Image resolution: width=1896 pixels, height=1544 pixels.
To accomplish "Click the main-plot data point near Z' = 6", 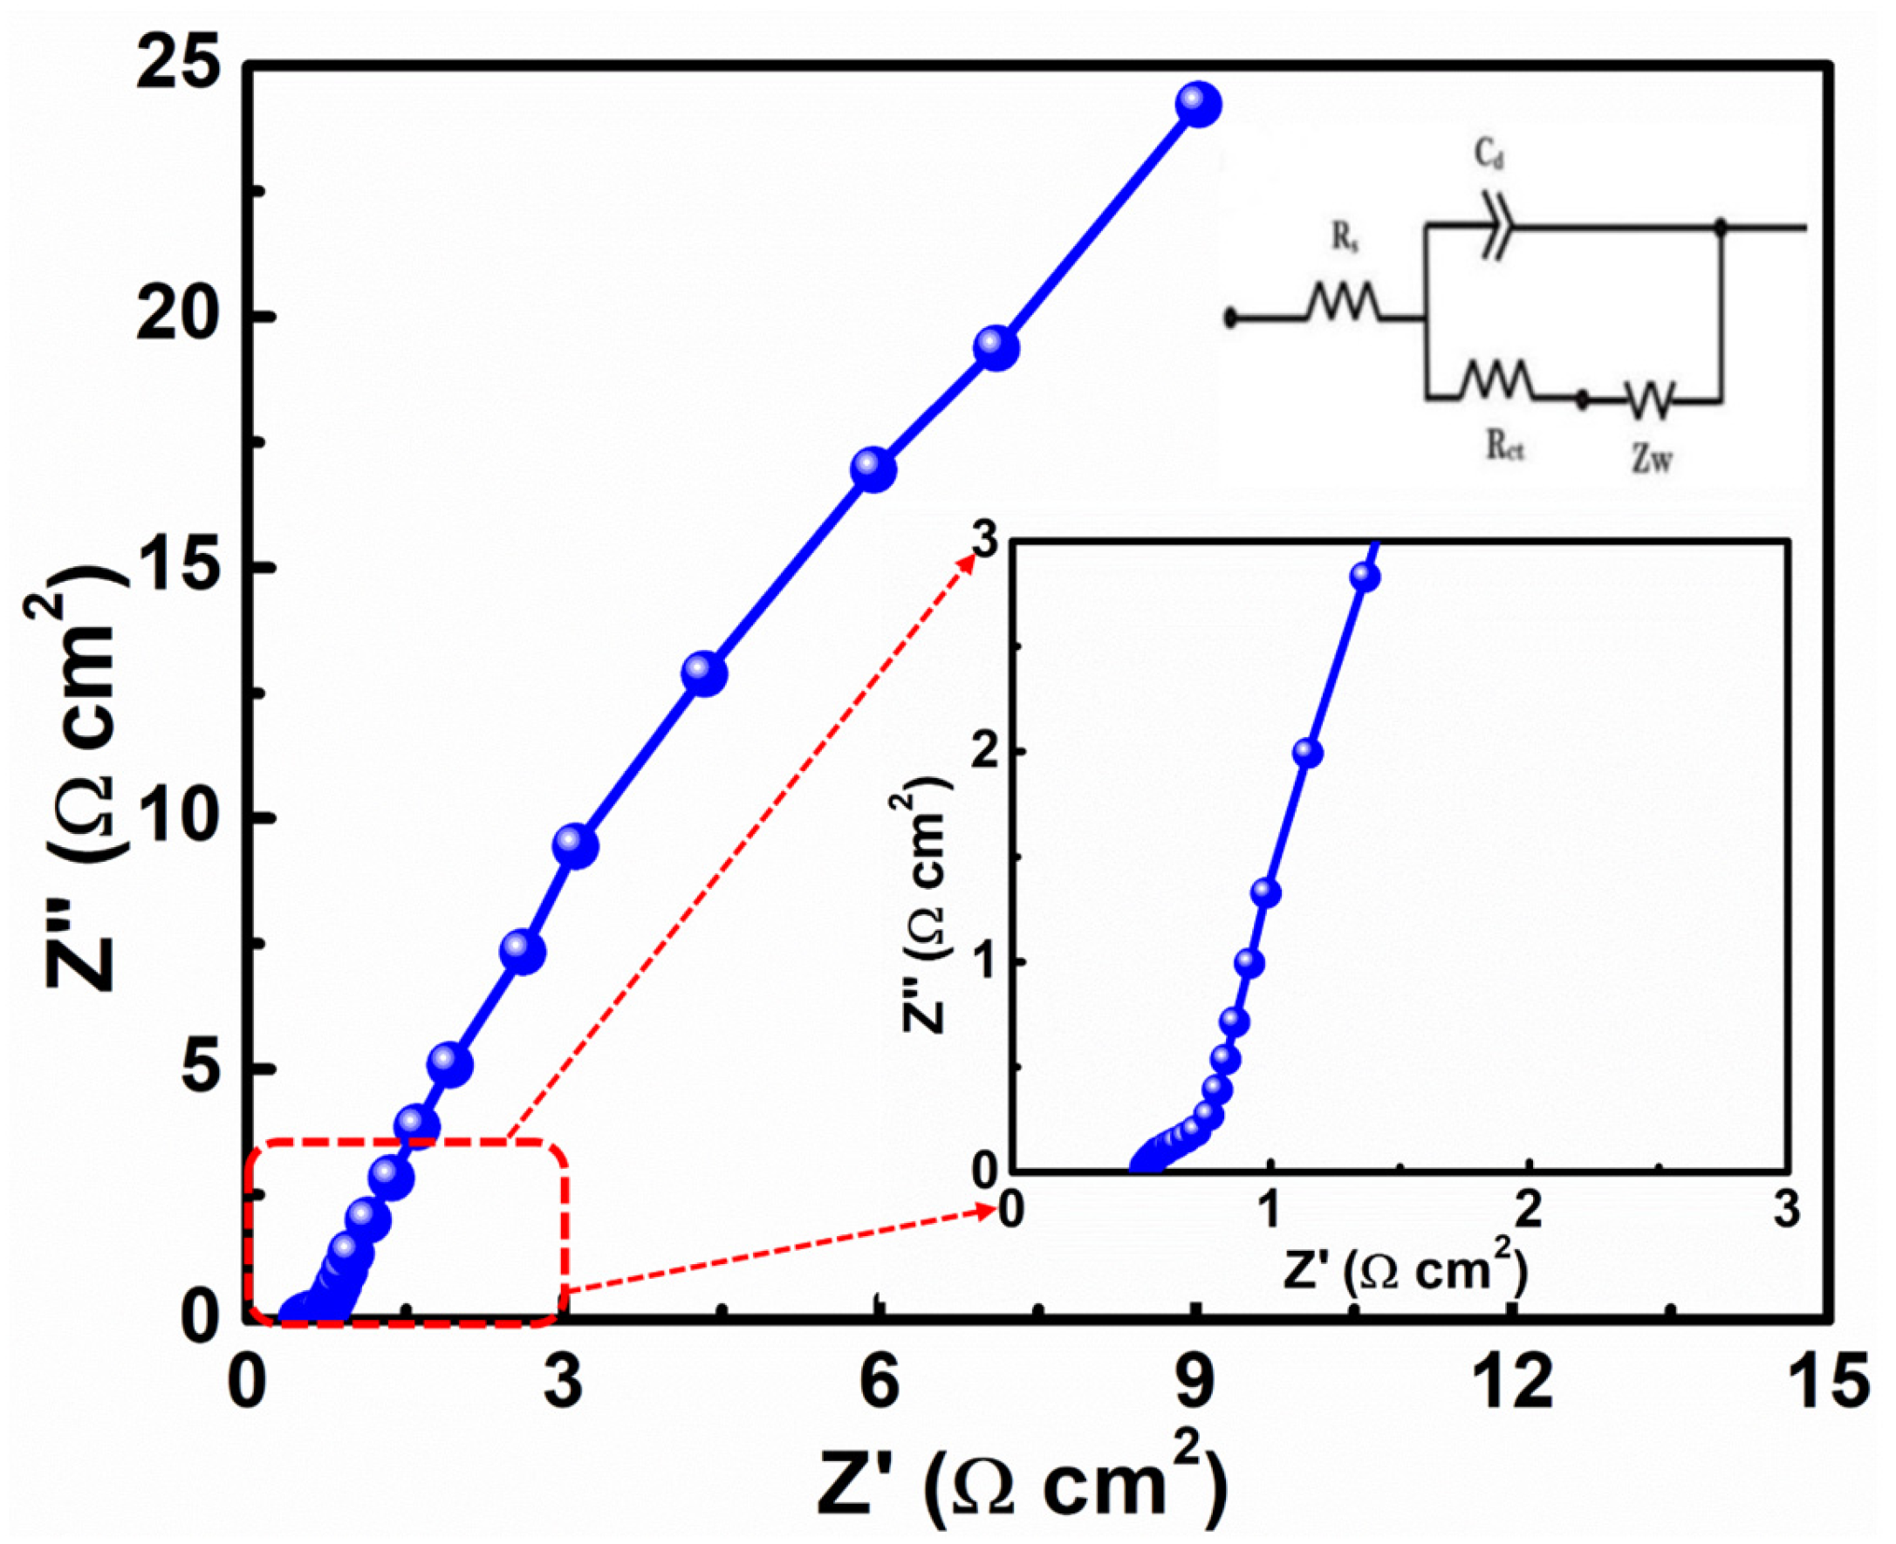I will point(873,469).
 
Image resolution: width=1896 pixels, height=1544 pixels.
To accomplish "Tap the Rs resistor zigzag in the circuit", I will point(1344,304).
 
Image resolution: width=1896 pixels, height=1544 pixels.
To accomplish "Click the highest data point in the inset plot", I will point(1365,577).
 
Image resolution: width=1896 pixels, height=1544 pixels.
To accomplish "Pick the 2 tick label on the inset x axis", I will point(1528,1213).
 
